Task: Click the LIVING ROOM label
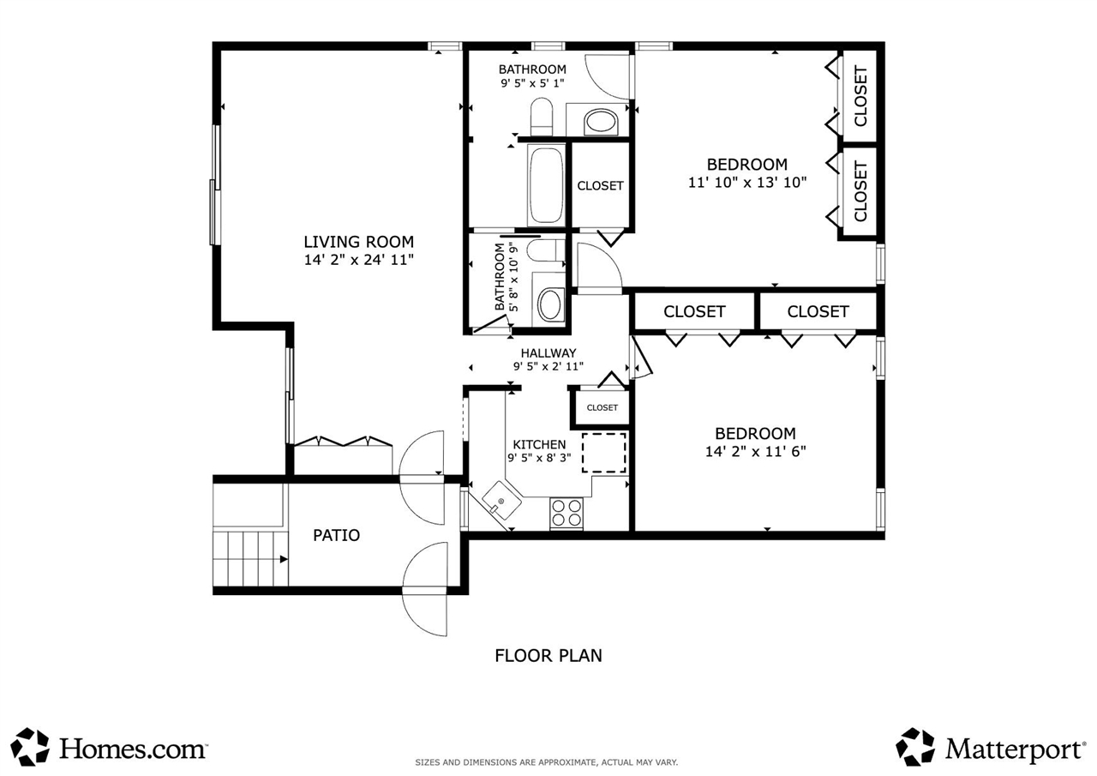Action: [x=358, y=242]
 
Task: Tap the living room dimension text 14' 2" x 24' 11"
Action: [x=358, y=259]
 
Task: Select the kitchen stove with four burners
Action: [x=566, y=512]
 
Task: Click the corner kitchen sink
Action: [x=499, y=499]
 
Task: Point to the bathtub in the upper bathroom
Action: [x=546, y=184]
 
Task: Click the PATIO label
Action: [x=336, y=535]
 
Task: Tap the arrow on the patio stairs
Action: [x=282, y=559]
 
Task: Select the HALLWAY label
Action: [x=548, y=352]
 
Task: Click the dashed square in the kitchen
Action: [x=604, y=453]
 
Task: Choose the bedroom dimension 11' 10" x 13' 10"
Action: [x=747, y=182]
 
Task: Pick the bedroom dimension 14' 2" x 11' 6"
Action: [x=755, y=451]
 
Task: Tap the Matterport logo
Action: [x=991, y=747]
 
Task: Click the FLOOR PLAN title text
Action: [x=548, y=655]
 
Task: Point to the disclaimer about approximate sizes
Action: [x=547, y=762]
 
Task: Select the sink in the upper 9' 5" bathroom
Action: [x=600, y=122]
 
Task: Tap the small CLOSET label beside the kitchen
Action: [x=602, y=407]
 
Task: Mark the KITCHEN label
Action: [x=539, y=444]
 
